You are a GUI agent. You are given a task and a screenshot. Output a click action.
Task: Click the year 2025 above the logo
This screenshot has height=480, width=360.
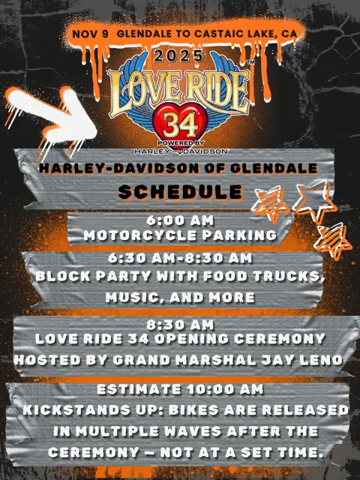click(x=179, y=55)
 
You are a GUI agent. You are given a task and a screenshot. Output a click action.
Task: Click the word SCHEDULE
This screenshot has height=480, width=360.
click(x=180, y=191)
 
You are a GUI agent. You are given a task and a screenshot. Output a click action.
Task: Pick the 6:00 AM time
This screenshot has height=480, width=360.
click(x=180, y=221)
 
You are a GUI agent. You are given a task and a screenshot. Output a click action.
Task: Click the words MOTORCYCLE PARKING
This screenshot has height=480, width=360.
click(x=180, y=235)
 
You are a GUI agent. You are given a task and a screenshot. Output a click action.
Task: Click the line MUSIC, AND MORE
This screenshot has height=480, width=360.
click(x=180, y=297)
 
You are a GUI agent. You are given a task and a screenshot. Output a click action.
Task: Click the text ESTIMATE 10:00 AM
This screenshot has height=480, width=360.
click(x=180, y=390)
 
